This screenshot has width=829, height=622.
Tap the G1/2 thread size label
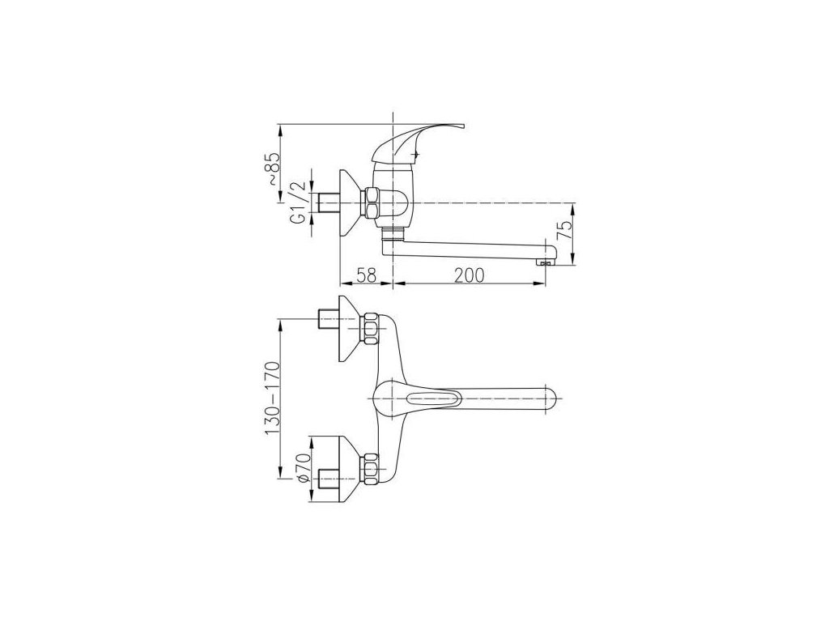[300, 202]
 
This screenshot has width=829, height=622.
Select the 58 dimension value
[366, 275]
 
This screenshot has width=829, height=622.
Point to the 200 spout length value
[469, 275]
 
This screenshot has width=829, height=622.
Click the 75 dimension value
[566, 231]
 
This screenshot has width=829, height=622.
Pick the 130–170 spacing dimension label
[273, 398]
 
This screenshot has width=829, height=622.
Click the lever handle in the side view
[418, 142]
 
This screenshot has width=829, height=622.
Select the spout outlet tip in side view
[546, 261]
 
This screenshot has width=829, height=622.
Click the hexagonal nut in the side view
[371, 203]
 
